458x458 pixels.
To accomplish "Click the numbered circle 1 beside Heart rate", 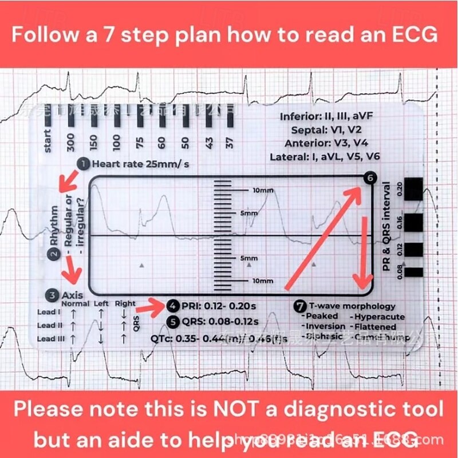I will point(84,164).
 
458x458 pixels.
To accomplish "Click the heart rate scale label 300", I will point(70,141).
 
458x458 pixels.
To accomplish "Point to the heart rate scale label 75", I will point(139,141).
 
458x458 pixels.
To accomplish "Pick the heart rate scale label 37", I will point(230,141).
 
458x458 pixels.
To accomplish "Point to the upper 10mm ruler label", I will point(263,190).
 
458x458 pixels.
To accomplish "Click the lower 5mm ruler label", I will point(249,258).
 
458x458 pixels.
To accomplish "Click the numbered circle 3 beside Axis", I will point(53,295).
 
